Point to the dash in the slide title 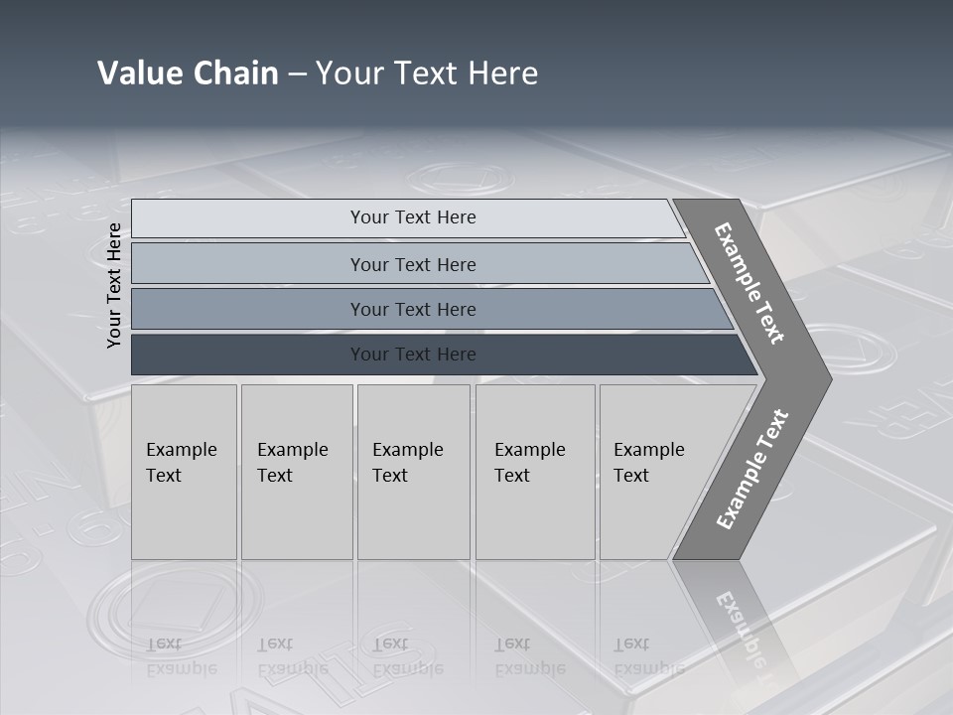(x=297, y=74)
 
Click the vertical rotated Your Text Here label (x=114, y=285)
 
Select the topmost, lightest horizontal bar (x=412, y=217)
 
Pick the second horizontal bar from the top (x=412, y=264)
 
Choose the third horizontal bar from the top (x=412, y=309)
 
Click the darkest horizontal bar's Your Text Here (x=412, y=355)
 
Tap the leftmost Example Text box (x=184, y=472)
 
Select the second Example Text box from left (x=296, y=472)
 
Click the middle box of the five (x=412, y=472)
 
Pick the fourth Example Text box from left (x=534, y=472)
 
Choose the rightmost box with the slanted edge (x=655, y=472)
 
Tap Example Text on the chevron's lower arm (x=752, y=470)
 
